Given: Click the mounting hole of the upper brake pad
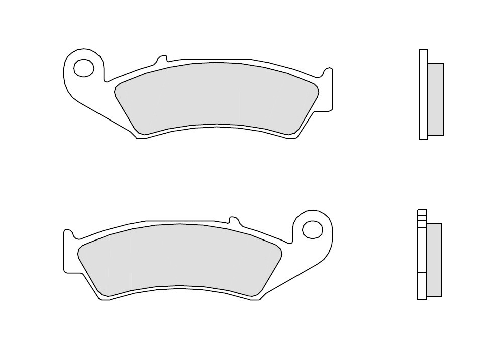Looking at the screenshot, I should click(84, 68).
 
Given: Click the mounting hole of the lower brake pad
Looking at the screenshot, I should click(312, 230).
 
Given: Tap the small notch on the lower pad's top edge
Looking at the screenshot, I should click(233, 219).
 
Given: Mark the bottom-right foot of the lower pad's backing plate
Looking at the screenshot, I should click(255, 298).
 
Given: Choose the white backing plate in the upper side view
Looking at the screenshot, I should click(423, 94).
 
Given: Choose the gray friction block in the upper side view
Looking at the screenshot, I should click(435, 99).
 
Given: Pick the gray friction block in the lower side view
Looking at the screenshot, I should click(434, 260).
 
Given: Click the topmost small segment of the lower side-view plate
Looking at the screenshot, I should click(422, 212).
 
